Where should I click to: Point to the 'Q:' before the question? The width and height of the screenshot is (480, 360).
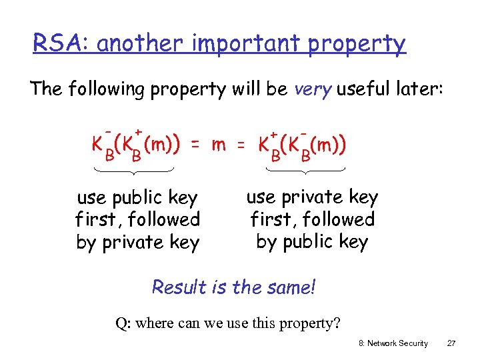point(123,324)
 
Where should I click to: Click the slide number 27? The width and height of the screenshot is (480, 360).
point(451,343)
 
